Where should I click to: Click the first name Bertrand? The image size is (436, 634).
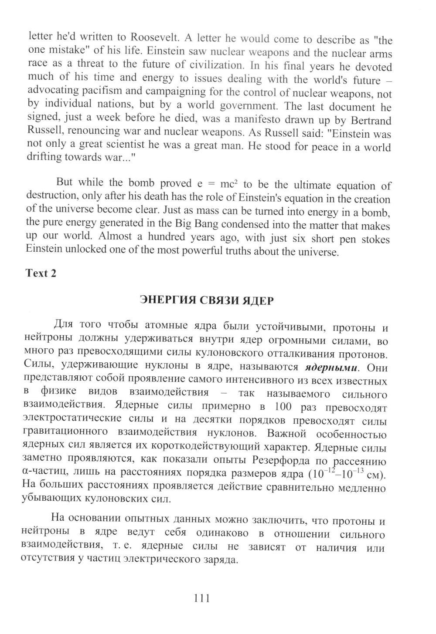(x=369, y=120)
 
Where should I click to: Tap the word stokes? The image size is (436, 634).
(x=373, y=239)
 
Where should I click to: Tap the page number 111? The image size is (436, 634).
(x=201, y=598)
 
